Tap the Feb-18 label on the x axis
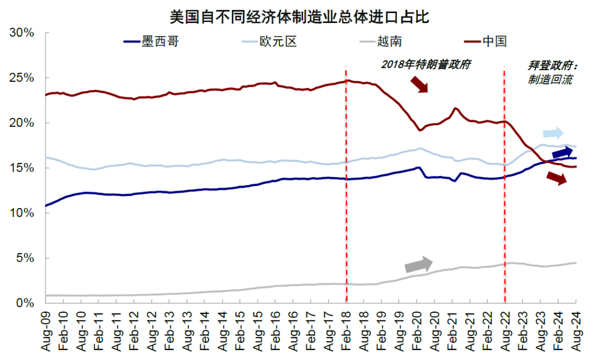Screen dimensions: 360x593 click(x=347, y=333)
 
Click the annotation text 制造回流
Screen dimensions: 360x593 click(x=550, y=80)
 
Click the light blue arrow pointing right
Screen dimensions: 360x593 click(x=552, y=133)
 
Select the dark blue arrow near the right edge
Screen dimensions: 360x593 click(x=562, y=153)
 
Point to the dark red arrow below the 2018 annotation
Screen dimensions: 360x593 click(x=418, y=84)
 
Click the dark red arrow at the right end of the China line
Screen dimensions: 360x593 click(x=556, y=178)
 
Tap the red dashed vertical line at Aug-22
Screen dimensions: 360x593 click(x=505, y=220)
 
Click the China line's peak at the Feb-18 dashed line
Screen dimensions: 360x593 click(x=346, y=81)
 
